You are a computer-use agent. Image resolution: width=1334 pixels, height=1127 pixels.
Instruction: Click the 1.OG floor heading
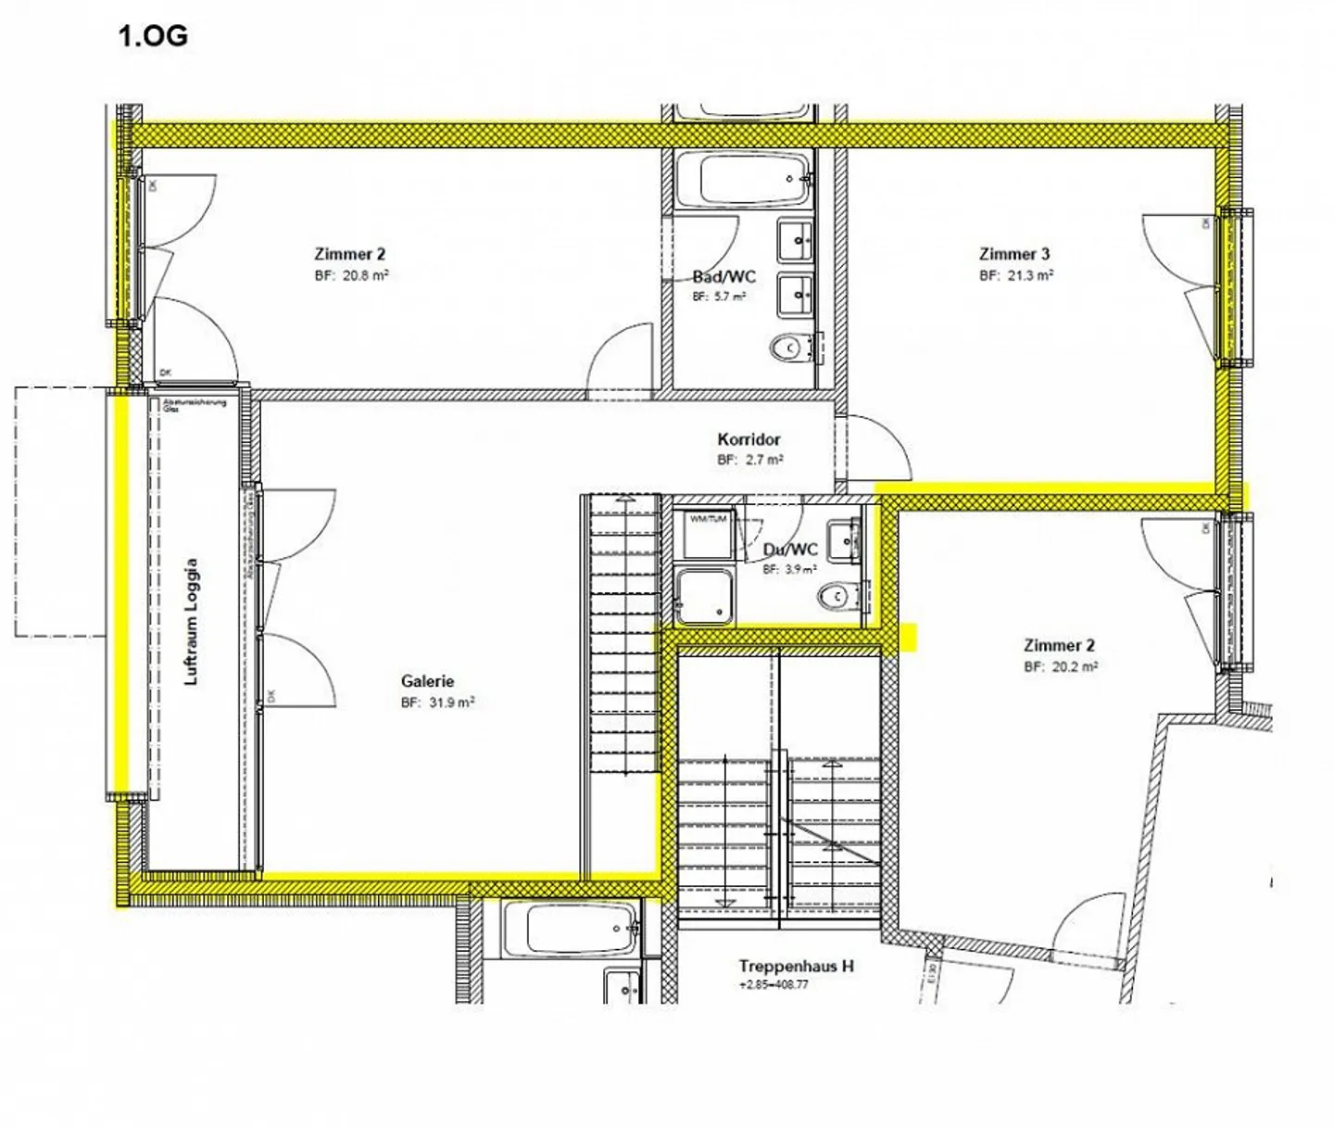tap(153, 36)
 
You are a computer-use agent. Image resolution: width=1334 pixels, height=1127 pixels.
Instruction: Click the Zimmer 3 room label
tap(1014, 254)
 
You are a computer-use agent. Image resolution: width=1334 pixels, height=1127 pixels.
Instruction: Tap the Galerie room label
tap(427, 681)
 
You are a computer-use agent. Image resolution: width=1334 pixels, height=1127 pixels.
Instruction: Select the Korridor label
tap(749, 439)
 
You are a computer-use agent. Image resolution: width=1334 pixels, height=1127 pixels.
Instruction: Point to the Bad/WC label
tap(724, 276)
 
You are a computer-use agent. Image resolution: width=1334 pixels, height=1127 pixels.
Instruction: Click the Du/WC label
tap(790, 550)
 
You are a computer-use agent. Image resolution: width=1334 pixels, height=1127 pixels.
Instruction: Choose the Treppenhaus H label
tap(796, 966)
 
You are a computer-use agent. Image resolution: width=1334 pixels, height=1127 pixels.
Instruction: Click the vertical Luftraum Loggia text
tap(192, 621)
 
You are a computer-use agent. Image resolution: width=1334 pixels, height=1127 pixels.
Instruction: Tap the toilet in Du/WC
tap(838, 596)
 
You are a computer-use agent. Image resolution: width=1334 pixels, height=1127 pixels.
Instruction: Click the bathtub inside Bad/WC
tap(744, 180)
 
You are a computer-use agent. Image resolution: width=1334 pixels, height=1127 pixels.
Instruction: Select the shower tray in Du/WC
tap(704, 596)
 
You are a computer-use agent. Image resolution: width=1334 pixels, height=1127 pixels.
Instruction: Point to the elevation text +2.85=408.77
tap(774, 984)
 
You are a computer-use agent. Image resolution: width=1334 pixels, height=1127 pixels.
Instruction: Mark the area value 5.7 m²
tap(719, 297)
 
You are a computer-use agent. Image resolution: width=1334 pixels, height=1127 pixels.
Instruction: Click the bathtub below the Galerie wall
tap(569, 929)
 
